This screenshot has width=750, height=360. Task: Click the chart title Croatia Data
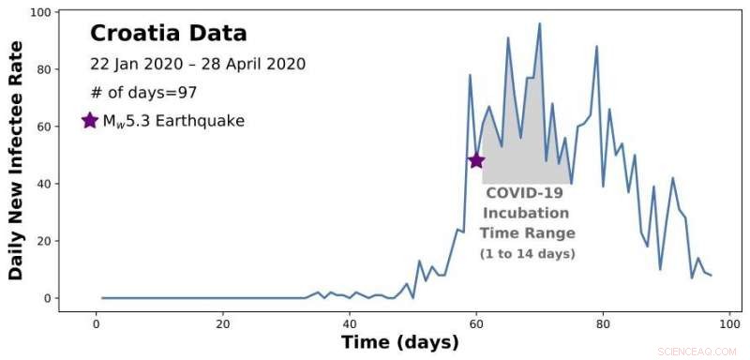(169, 34)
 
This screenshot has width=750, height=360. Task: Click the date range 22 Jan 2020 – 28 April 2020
(198, 65)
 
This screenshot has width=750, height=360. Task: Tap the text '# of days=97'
(143, 93)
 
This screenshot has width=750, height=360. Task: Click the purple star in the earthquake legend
(89, 121)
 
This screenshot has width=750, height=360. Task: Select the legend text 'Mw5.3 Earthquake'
(173, 121)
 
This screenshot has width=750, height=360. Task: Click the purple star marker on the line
(476, 160)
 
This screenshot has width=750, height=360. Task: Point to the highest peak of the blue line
(539, 23)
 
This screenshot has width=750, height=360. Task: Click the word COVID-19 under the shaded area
(524, 193)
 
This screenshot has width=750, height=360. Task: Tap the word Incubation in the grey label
(526, 213)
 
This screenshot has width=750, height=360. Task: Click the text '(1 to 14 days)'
(527, 254)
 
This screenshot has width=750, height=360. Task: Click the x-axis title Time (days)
(399, 342)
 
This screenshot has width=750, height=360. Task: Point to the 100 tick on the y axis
(38, 12)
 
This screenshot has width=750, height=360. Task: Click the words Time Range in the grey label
(527, 233)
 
